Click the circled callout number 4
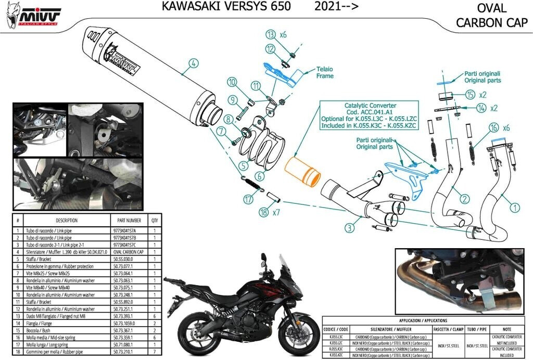[x=193, y=64]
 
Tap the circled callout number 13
[x=270, y=35]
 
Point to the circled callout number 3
[x=350, y=227]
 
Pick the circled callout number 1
[x=514, y=208]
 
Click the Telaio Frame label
[x=325, y=72]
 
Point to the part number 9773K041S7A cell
[x=125, y=230]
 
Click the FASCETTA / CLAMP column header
[x=448, y=329]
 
